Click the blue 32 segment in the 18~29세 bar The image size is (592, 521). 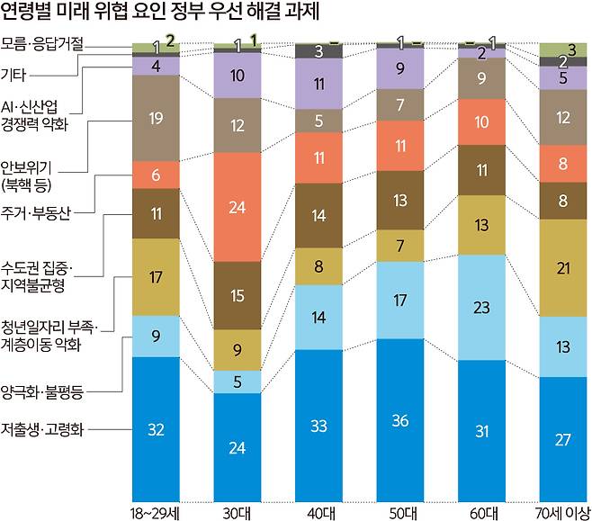[x=156, y=428]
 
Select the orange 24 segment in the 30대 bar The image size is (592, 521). [x=238, y=207]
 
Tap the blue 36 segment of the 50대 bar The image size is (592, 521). [x=401, y=419]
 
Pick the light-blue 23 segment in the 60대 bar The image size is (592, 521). [x=482, y=306]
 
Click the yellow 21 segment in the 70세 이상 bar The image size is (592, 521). [x=564, y=268]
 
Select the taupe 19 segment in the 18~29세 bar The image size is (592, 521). [x=156, y=117]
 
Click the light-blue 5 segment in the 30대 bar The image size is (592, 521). [x=238, y=382]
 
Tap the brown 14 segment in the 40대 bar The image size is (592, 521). [x=319, y=215]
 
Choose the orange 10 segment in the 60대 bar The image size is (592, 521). [x=482, y=121]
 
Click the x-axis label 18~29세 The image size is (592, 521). [x=156, y=511]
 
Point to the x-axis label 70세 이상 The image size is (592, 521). [x=562, y=511]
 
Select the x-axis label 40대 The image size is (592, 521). [x=319, y=511]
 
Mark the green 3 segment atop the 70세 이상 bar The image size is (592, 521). [x=564, y=48]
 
